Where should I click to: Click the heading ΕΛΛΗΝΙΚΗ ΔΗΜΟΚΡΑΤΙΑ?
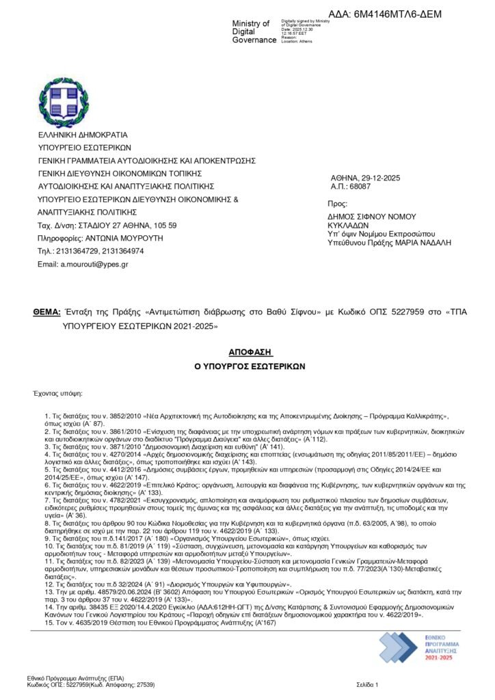83,135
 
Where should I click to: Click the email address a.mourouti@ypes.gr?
92,264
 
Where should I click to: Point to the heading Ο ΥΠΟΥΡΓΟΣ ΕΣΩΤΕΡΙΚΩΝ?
249,366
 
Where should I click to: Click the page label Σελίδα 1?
367,684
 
